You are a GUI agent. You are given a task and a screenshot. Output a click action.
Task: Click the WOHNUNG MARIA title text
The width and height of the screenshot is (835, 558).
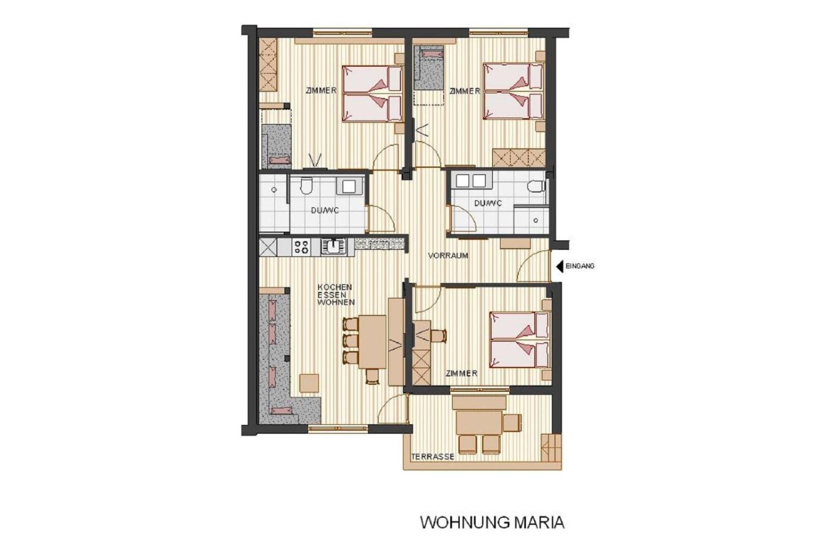click(492, 522)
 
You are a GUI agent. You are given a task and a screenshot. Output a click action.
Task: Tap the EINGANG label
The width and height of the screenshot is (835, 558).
click(580, 266)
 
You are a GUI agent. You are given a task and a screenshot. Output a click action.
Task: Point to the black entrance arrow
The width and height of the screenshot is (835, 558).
click(559, 266)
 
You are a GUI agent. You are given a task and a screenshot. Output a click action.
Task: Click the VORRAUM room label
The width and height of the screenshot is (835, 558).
click(448, 256)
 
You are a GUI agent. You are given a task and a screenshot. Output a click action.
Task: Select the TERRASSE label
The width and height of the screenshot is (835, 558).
click(433, 457)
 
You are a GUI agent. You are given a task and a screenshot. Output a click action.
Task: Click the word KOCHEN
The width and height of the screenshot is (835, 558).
click(335, 287)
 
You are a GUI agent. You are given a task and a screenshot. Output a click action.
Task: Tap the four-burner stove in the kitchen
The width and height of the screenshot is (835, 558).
click(302, 247)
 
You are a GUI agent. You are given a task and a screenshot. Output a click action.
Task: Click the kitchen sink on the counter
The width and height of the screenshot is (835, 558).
click(334, 247)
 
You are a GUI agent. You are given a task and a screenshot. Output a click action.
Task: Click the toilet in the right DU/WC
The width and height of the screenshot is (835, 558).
click(537, 185)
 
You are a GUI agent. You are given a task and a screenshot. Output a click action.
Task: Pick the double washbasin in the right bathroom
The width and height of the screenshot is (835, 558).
click(470, 180)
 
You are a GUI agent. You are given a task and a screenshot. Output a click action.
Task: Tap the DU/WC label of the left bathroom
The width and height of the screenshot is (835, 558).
click(325, 210)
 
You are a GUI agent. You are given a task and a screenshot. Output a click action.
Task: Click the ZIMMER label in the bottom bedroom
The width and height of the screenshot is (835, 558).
click(462, 373)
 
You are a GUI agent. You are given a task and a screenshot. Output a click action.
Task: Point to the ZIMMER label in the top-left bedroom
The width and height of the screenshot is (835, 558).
click(321, 91)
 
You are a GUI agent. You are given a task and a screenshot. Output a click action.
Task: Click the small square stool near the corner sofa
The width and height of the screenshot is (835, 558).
click(310, 383)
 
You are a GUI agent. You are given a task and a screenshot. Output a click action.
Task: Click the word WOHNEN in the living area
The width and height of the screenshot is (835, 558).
click(336, 302)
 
